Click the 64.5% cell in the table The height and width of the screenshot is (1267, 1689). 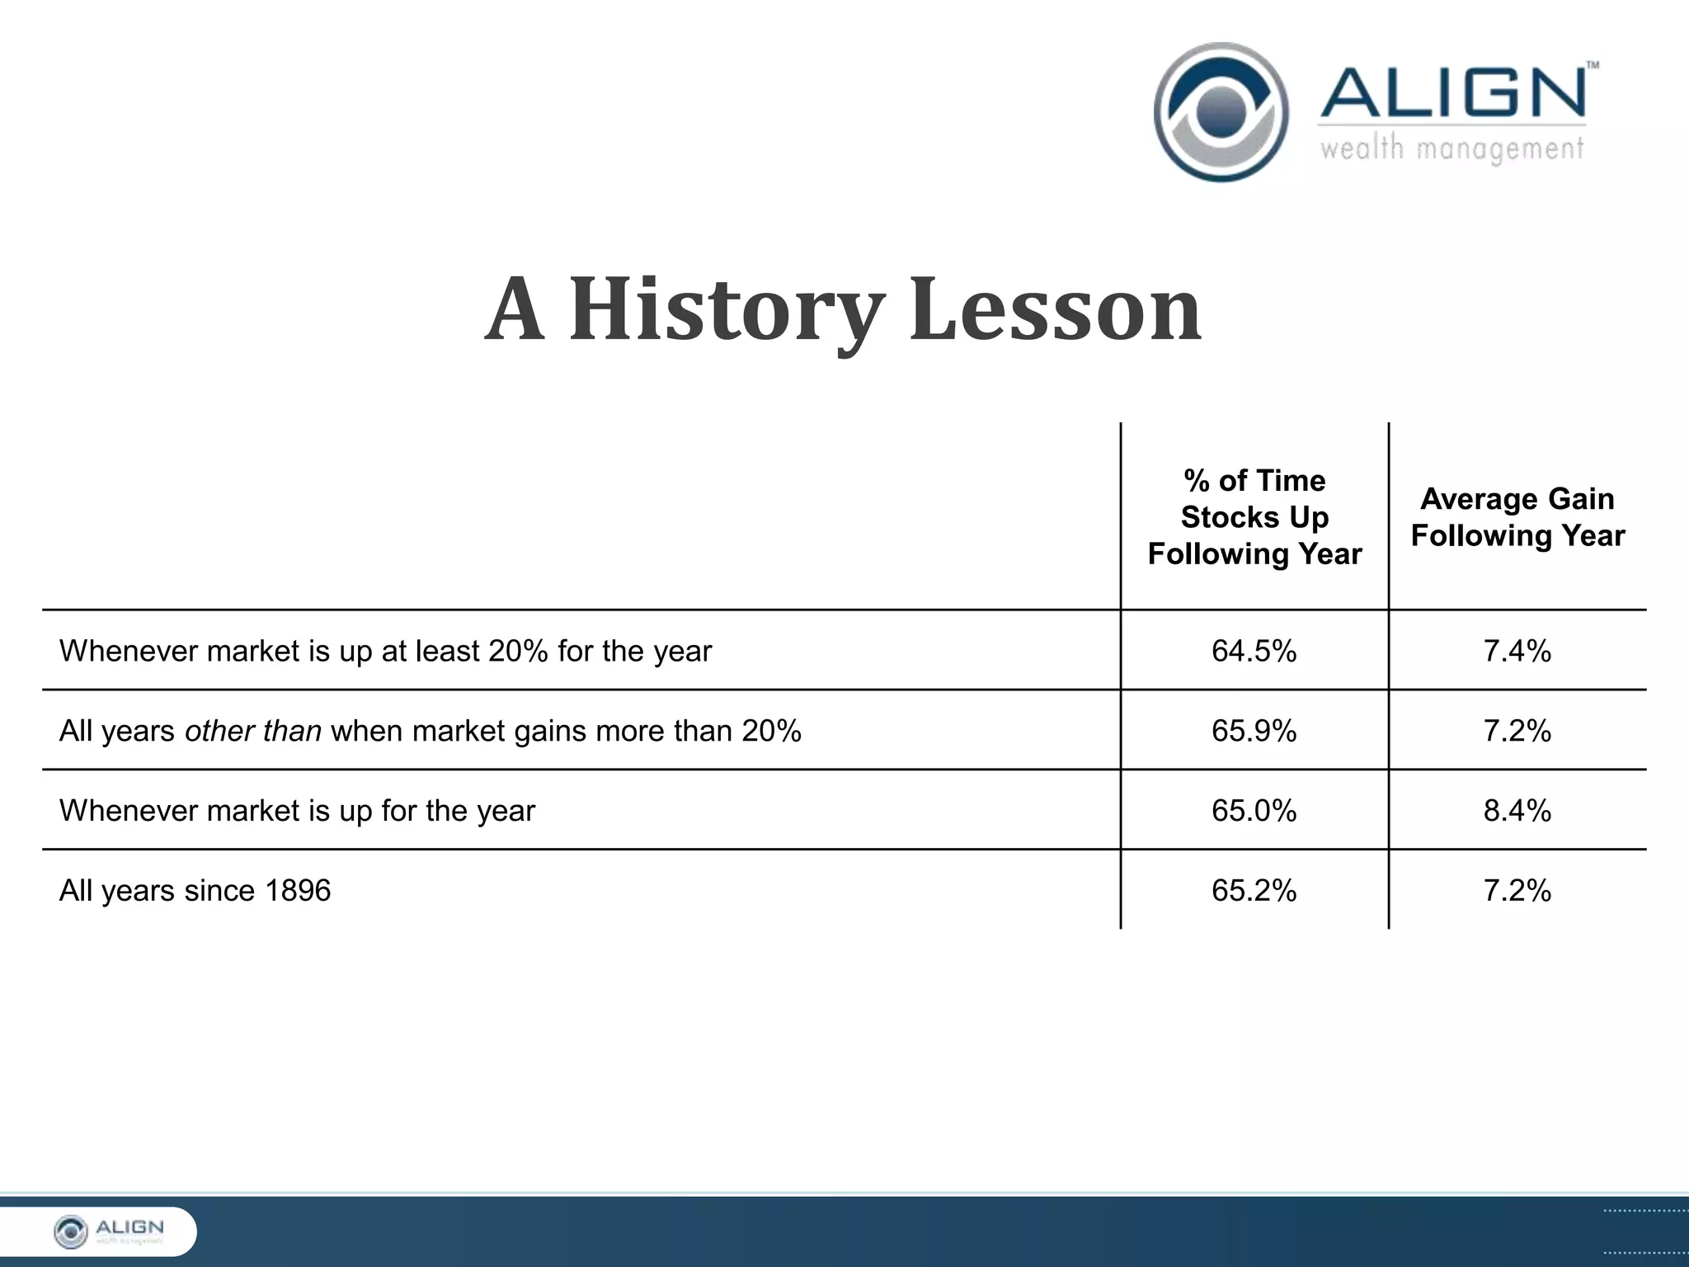point(1254,652)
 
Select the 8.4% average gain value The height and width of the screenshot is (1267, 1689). point(1517,811)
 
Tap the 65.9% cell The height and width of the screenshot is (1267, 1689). point(1254,732)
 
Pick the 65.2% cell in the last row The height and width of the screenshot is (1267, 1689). point(1254,891)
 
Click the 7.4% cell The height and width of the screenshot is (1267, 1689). point(1517,652)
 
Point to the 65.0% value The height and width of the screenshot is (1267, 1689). point(1254,811)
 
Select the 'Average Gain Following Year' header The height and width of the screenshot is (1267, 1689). point(1517,517)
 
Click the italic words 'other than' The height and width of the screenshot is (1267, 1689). point(252,732)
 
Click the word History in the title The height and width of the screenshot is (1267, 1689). point(726,310)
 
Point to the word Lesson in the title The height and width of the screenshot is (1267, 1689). point(1055,310)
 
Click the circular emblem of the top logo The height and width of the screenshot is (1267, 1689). point(1221,112)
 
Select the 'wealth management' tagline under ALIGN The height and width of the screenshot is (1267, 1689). point(1451,149)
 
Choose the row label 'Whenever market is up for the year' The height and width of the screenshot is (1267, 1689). point(297,811)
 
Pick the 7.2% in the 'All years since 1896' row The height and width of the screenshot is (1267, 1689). point(1517,891)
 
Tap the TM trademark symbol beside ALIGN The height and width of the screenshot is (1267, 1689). point(1593,64)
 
